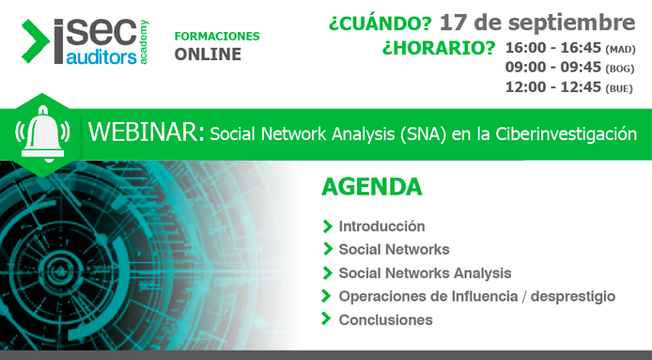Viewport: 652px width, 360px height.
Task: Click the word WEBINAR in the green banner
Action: click(144, 133)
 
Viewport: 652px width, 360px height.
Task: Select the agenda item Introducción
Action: click(381, 227)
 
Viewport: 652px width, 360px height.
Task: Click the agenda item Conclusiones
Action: click(385, 320)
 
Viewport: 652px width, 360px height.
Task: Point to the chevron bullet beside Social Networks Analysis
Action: click(327, 273)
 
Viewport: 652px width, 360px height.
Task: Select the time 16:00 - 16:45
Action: click(552, 48)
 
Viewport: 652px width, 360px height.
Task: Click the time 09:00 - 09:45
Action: click(552, 68)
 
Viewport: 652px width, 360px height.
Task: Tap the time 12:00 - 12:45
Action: click(552, 87)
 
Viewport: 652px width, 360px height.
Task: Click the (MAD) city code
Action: click(621, 49)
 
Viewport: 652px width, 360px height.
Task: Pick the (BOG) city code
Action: click(621, 69)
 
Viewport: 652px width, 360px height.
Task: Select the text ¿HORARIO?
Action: click(439, 47)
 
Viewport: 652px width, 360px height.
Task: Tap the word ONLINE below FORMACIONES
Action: click(208, 55)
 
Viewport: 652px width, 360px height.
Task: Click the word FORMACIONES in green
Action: click(217, 36)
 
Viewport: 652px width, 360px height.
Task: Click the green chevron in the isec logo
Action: click(36, 40)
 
